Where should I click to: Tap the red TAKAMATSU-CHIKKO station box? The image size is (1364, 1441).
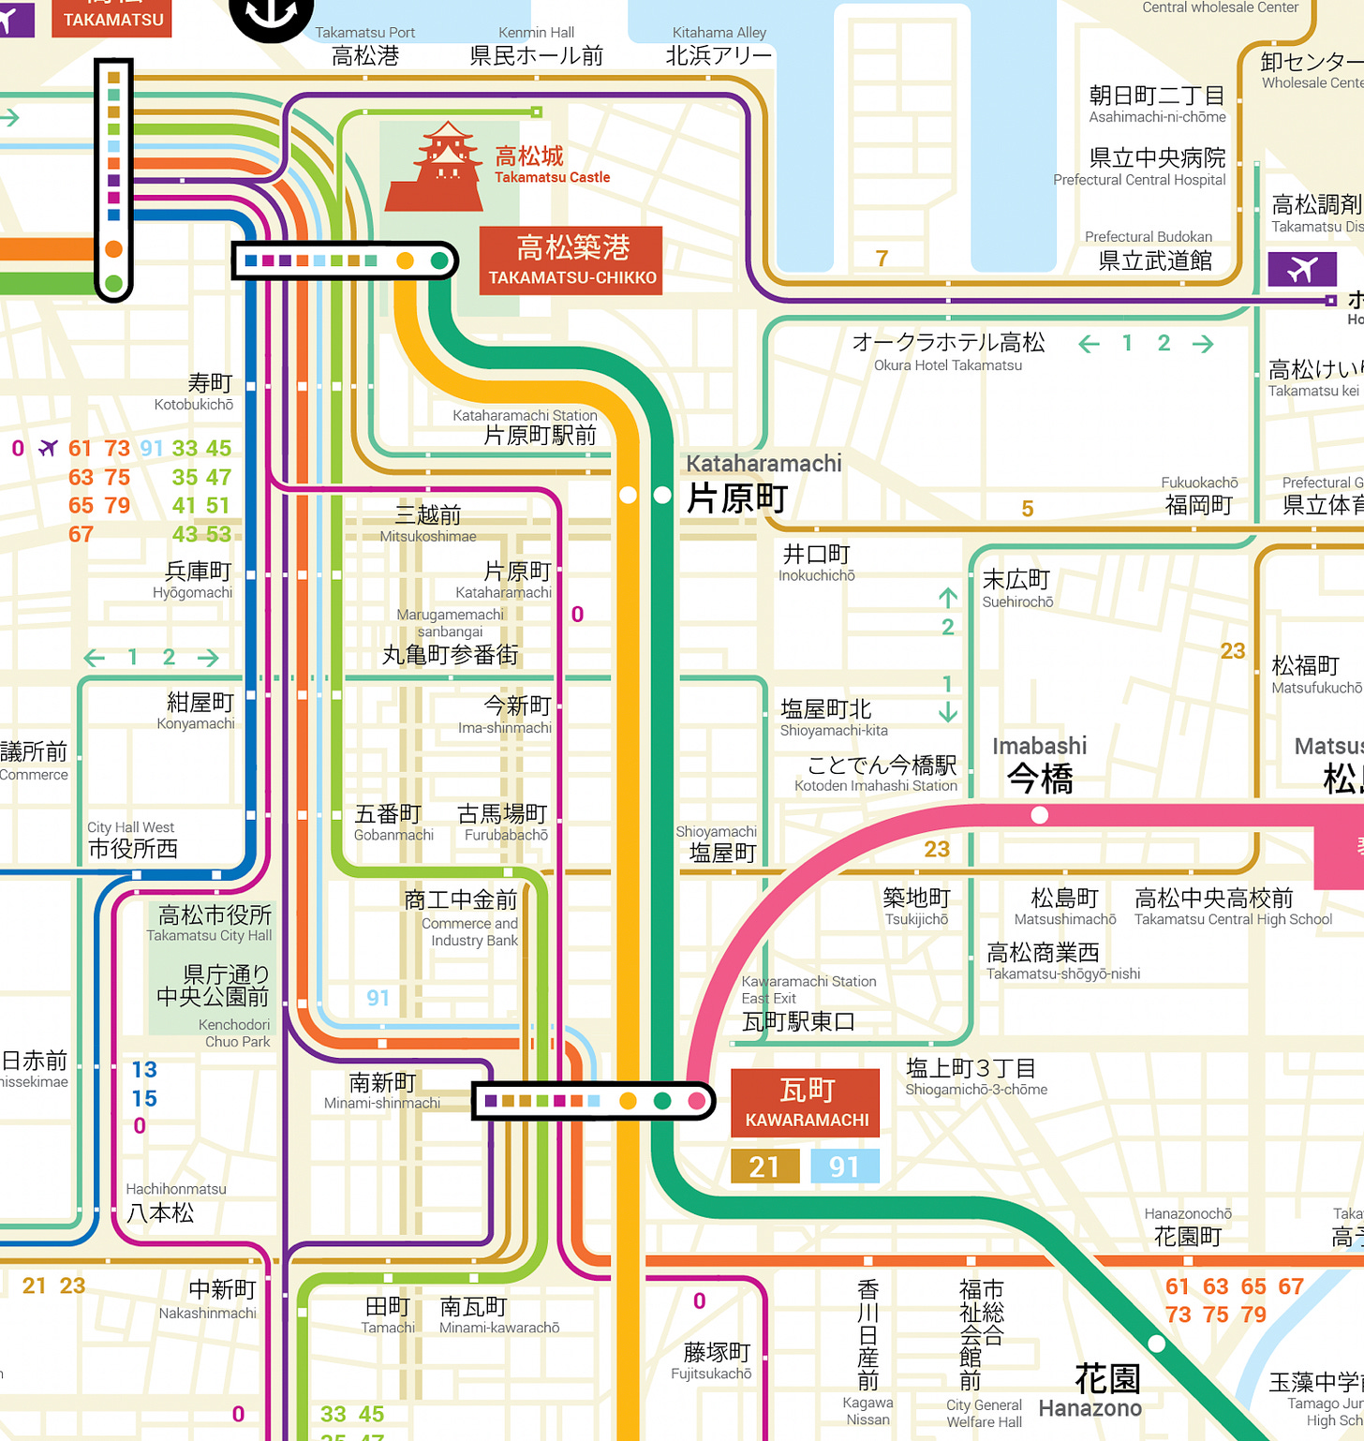571,260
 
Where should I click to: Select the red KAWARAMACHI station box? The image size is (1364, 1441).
806,1103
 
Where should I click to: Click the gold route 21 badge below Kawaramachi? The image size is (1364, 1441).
764,1166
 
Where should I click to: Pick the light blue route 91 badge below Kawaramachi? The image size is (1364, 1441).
843,1166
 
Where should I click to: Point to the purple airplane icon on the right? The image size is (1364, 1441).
1302,269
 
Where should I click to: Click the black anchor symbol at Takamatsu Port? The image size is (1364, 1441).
272,11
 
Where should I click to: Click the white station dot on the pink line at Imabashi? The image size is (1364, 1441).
1039,815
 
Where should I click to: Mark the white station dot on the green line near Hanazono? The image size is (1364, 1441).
1157,1344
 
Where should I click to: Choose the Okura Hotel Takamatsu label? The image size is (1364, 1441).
948,351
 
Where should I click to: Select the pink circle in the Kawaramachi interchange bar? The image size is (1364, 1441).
697,1101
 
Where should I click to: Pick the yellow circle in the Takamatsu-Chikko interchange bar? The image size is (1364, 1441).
405,260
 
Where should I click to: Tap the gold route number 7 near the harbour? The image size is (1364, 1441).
882,258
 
